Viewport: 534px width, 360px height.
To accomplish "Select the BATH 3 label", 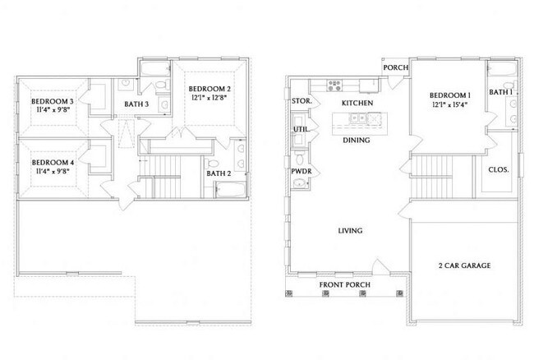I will click(x=136, y=104).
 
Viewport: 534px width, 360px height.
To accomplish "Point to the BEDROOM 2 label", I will click(x=209, y=89).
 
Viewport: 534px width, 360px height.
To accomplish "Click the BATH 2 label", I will click(x=218, y=173).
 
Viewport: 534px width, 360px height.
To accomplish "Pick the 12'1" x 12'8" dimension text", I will click(x=209, y=99).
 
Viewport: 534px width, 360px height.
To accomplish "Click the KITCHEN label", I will click(x=358, y=102).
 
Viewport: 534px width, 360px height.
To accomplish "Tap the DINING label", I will click(x=355, y=140).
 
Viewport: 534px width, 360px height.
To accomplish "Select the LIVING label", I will click(x=350, y=231).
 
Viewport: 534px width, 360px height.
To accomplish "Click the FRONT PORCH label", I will click(x=345, y=284).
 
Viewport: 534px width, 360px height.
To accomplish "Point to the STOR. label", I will click(x=301, y=101).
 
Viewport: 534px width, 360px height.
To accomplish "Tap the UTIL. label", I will click(x=301, y=129).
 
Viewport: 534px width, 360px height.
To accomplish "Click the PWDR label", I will click(x=301, y=172).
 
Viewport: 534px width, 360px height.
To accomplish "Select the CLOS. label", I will click(x=499, y=170).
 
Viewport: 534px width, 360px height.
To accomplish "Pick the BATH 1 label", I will click(x=500, y=93).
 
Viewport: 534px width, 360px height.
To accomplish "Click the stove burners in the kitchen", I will click(x=335, y=84).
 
